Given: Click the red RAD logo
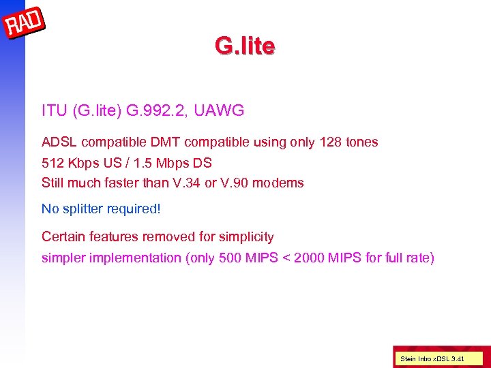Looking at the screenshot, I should click(24, 24).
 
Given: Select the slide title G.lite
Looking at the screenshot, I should click(245, 46).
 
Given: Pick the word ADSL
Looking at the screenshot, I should click(59, 142).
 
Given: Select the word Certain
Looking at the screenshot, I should click(64, 237).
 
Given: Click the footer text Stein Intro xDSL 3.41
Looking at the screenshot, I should click(432, 358).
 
